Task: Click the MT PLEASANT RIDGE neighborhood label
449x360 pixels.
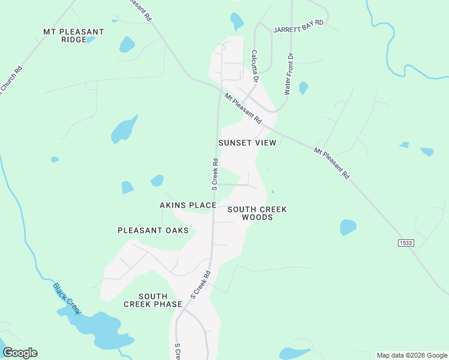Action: point(73,35)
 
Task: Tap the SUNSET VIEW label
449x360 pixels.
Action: point(247,143)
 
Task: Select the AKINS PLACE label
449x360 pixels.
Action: point(188,205)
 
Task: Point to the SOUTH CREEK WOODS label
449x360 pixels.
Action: point(258,213)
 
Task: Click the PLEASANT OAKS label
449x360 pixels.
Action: point(153,230)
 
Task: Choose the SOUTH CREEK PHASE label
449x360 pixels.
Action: point(152,300)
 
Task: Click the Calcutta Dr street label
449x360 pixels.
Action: point(255,66)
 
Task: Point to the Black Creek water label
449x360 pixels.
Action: point(67,298)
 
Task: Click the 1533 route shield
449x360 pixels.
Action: point(406,242)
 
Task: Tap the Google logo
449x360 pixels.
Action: point(20,352)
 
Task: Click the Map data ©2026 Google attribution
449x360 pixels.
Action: point(411,355)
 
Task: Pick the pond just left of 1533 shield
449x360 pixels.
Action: point(348,227)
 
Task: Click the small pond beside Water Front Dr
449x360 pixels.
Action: point(303,88)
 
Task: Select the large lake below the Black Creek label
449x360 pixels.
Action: point(99,328)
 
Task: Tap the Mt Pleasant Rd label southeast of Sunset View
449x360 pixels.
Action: point(331,163)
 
